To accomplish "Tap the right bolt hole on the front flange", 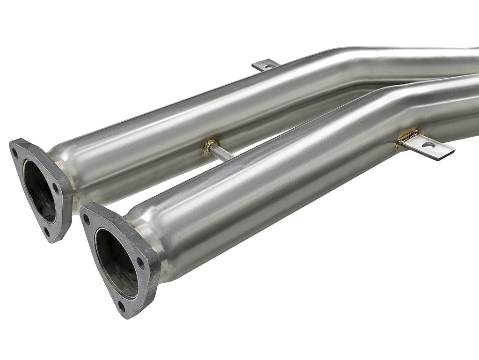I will tap(141, 263).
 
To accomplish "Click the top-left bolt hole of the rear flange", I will tap(15, 153).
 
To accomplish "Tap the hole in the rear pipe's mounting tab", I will tap(268, 66).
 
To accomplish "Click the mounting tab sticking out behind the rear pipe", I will tap(265, 65).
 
